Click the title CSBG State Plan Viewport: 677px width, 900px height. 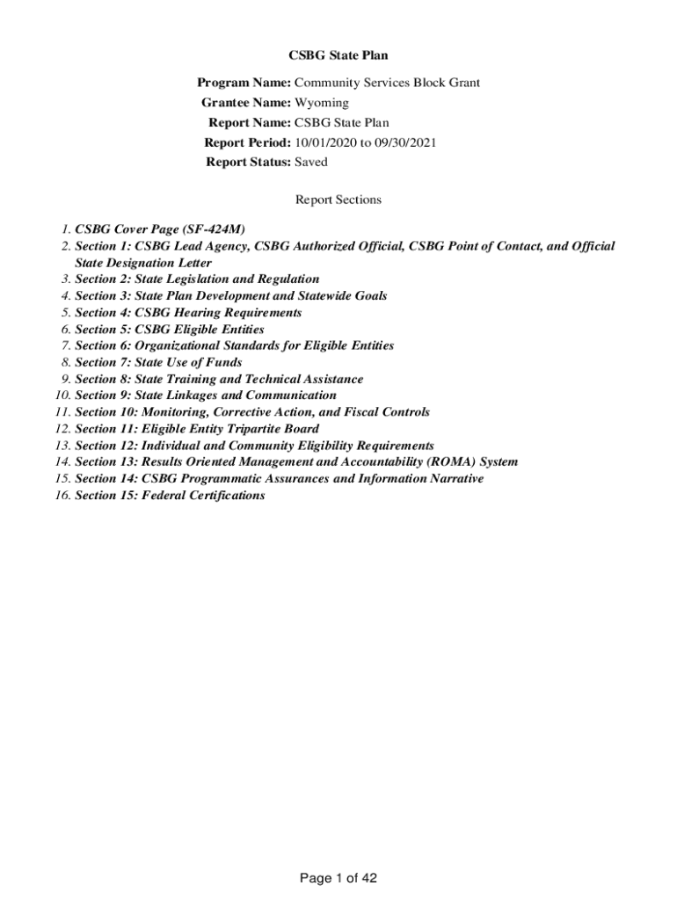[x=338, y=55]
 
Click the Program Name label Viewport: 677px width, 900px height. [x=244, y=83]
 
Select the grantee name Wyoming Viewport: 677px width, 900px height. [x=321, y=103]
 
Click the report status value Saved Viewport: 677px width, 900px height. [x=310, y=162]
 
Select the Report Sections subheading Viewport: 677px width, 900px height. [x=338, y=200]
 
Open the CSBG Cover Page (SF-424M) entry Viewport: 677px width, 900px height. [x=160, y=229]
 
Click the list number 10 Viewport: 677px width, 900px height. [x=61, y=396]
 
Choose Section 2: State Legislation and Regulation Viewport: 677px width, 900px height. [x=197, y=279]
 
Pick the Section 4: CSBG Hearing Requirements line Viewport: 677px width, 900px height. [x=188, y=312]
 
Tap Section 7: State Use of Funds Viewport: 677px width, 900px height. [x=158, y=362]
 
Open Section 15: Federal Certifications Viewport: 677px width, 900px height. [x=170, y=495]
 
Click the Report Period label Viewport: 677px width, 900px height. [x=247, y=142]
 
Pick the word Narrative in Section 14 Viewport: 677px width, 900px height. [x=453, y=478]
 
